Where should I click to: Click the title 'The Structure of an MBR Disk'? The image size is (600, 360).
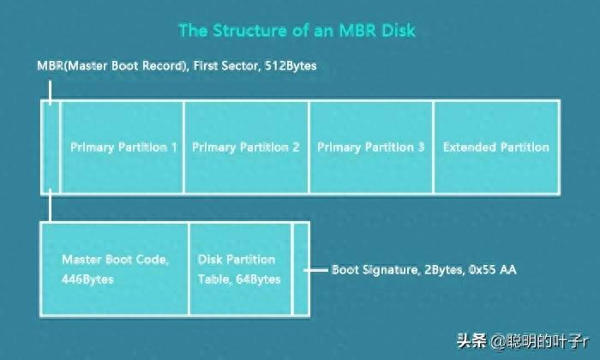(297, 31)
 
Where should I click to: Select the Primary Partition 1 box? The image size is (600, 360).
(123, 147)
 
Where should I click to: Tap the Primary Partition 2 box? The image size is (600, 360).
(246, 147)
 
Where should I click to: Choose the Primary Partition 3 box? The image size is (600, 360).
(370, 147)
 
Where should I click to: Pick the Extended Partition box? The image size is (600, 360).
(496, 147)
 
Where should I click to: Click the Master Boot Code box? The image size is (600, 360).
(114, 268)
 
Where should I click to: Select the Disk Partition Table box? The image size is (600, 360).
(240, 268)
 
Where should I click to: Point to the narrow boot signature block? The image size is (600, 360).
(300, 268)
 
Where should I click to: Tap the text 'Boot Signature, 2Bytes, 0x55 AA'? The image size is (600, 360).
(423, 269)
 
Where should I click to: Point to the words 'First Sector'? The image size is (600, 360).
(225, 65)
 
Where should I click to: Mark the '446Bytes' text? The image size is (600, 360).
(87, 279)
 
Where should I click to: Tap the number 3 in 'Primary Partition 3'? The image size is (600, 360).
(421, 147)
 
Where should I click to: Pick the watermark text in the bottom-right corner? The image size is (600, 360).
(530, 340)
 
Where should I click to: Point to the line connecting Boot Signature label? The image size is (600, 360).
(318, 269)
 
